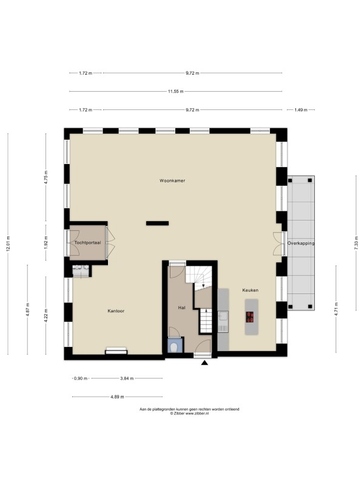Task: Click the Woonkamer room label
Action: coord(172,180)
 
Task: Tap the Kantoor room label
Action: coord(116,311)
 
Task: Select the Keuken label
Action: coord(250,290)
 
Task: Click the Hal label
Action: coord(181,308)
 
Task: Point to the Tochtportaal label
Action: coord(87,242)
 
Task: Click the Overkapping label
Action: coord(301,244)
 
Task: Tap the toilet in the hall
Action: coord(174,347)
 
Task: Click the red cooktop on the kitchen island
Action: coord(250,317)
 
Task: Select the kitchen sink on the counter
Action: coord(223,316)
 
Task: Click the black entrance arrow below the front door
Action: coord(204,363)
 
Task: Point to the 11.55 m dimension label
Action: coord(175,92)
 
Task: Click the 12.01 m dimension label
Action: coord(8,244)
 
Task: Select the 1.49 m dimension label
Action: coord(301,110)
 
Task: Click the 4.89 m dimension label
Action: coord(118,397)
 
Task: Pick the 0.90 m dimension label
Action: coord(81,378)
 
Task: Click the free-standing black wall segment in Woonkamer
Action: coord(157,223)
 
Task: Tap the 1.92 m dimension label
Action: coord(46,242)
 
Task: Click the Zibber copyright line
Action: coord(189,414)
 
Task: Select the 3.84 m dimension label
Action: coord(127,378)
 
